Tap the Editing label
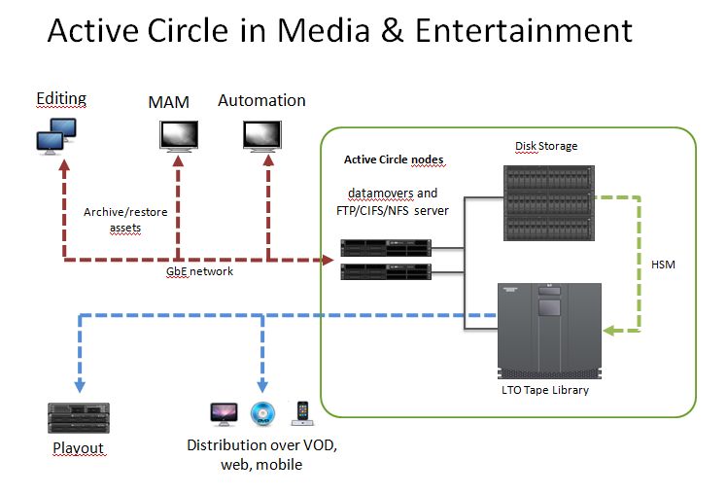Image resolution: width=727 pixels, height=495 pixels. click(x=61, y=98)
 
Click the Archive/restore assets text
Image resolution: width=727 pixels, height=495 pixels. click(x=120, y=219)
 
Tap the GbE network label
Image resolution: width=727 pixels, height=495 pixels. click(x=199, y=272)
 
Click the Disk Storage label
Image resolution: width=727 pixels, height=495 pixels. click(x=545, y=146)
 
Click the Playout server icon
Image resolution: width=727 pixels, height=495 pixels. click(x=75, y=417)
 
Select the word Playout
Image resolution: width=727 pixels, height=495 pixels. click(x=78, y=449)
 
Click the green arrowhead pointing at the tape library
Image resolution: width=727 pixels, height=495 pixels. click(x=607, y=332)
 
